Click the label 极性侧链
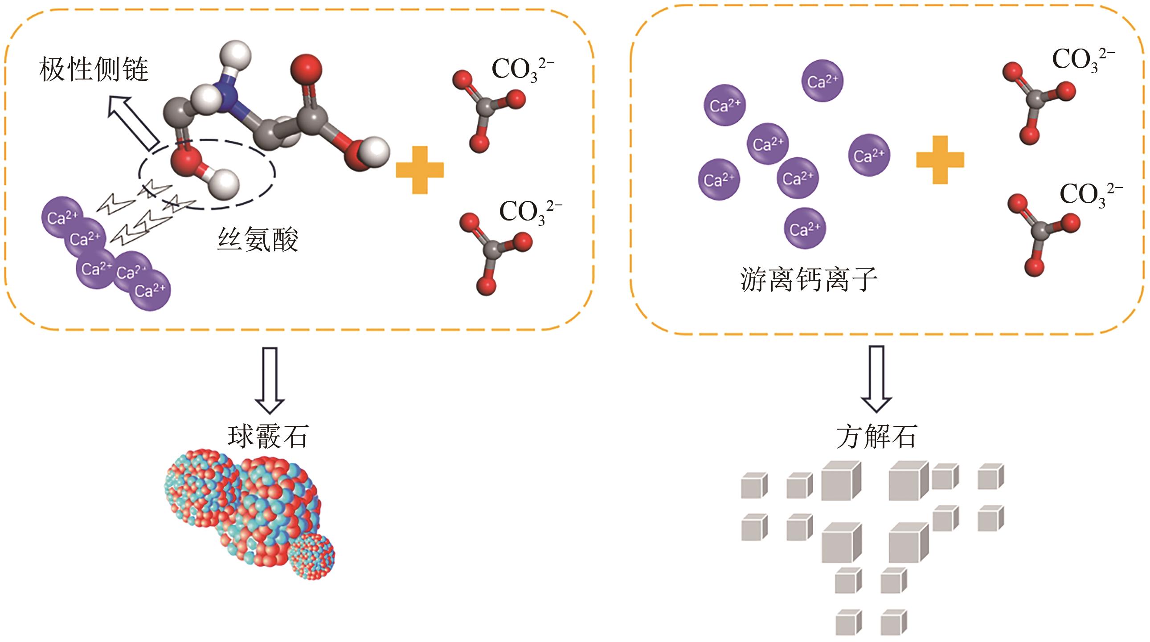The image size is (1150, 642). point(93,70)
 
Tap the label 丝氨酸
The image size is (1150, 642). point(258,239)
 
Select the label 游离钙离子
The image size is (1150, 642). point(809,279)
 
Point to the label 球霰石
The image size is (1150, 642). point(268,436)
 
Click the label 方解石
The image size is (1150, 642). point(876,436)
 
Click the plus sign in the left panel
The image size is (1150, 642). point(420,170)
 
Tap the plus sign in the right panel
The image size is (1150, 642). point(940,159)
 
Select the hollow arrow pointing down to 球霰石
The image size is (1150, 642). point(270,380)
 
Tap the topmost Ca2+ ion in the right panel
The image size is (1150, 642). point(823,81)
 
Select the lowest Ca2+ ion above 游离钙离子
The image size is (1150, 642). point(804,229)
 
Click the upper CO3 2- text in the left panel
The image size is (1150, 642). point(522,70)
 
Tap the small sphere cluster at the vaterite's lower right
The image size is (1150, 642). point(311,556)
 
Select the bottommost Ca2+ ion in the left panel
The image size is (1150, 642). point(150,290)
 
